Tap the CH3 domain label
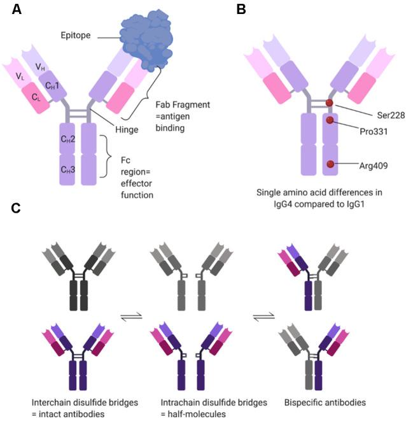pos(67,169)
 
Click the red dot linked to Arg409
pos(330,165)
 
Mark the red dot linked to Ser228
pos(329,103)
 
